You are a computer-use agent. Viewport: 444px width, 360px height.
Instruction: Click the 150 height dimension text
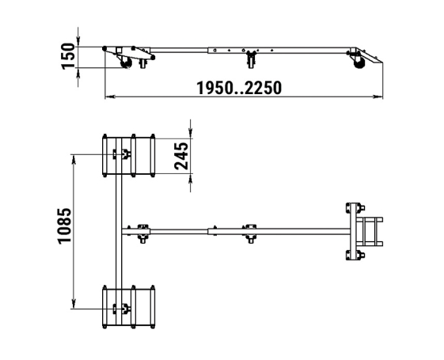[68, 56]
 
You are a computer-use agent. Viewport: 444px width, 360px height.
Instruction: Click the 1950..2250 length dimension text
[239, 88]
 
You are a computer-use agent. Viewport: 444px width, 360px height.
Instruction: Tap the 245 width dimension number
[181, 156]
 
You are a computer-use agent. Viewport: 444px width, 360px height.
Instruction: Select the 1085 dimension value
[65, 225]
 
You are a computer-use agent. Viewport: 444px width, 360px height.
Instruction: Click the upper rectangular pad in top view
[128, 156]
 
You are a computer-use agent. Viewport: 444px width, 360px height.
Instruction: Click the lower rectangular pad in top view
[128, 307]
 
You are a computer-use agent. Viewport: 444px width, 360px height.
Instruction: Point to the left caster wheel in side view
[126, 63]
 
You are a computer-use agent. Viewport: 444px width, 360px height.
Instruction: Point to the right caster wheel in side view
[359, 63]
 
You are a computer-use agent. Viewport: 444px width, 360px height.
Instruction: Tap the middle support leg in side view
[251, 59]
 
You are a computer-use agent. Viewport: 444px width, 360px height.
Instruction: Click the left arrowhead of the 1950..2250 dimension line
[109, 97]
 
